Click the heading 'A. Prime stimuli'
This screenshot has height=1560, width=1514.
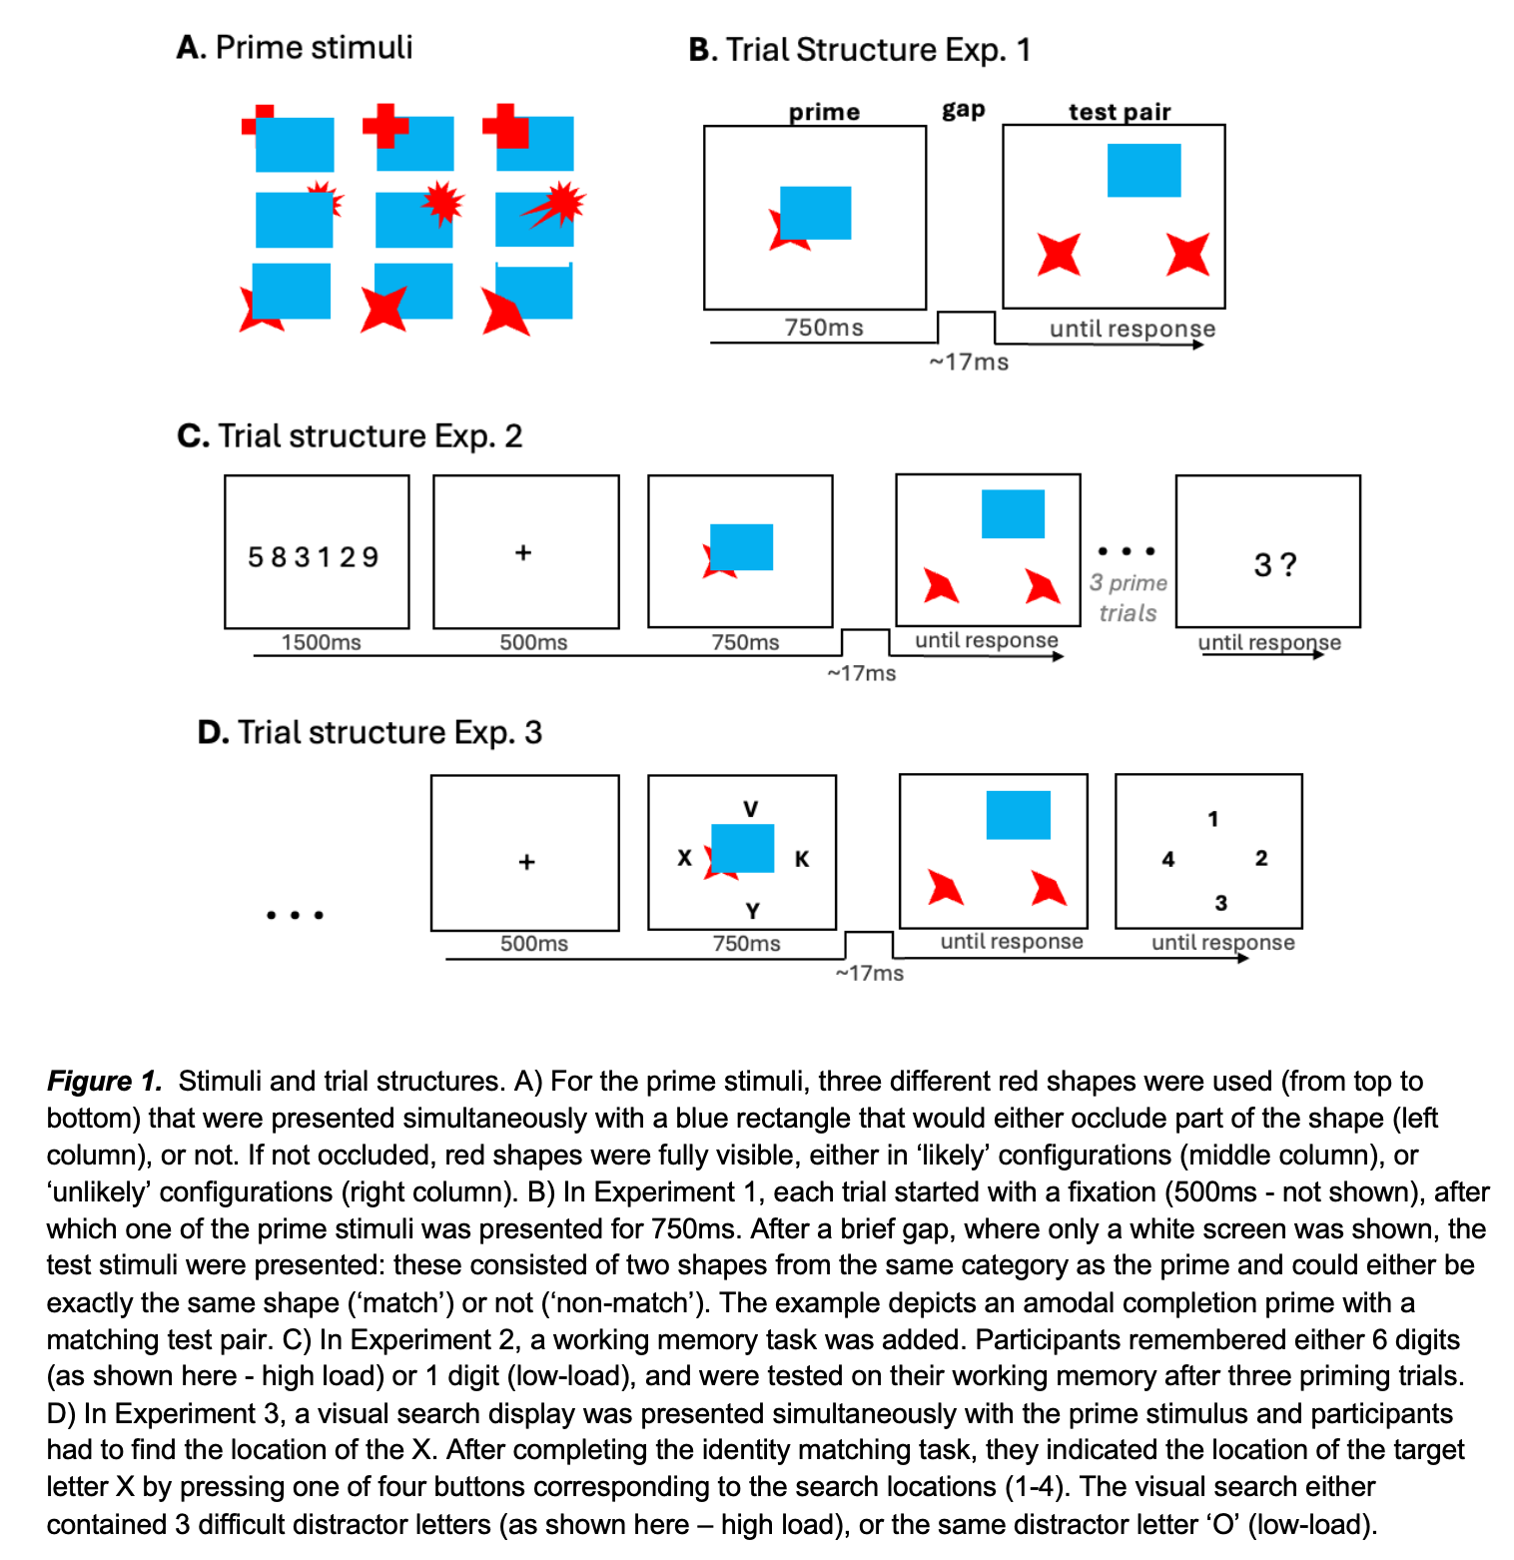pos(294,47)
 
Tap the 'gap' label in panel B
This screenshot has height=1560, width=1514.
pos(963,110)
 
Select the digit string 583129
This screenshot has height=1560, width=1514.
pos(314,556)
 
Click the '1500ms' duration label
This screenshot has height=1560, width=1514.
pos(321,642)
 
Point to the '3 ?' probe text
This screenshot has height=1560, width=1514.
pos(1274,565)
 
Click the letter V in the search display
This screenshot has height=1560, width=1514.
pos(751,809)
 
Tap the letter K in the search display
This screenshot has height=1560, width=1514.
pos(802,859)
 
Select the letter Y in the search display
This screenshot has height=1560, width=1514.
pos(752,911)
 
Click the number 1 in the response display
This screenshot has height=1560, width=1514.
pos(1212,819)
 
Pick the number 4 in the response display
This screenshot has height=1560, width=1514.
pos(1167,859)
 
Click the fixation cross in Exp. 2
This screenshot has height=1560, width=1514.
pos(523,552)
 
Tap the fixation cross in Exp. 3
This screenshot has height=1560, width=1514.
pos(526,861)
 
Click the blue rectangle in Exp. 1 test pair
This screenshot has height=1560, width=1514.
pos(1143,170)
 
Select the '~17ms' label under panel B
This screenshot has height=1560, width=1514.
pos(969,362)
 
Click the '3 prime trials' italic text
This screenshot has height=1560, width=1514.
pos(1129,597)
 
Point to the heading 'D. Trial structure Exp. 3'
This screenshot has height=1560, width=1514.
pos(370,732)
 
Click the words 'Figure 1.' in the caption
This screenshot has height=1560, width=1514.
pos(104,1081)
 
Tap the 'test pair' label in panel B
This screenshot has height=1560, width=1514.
pos(1119,112)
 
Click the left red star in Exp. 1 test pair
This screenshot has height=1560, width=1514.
pos(1059,254)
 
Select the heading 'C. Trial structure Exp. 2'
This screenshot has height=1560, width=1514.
pos(350,435)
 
